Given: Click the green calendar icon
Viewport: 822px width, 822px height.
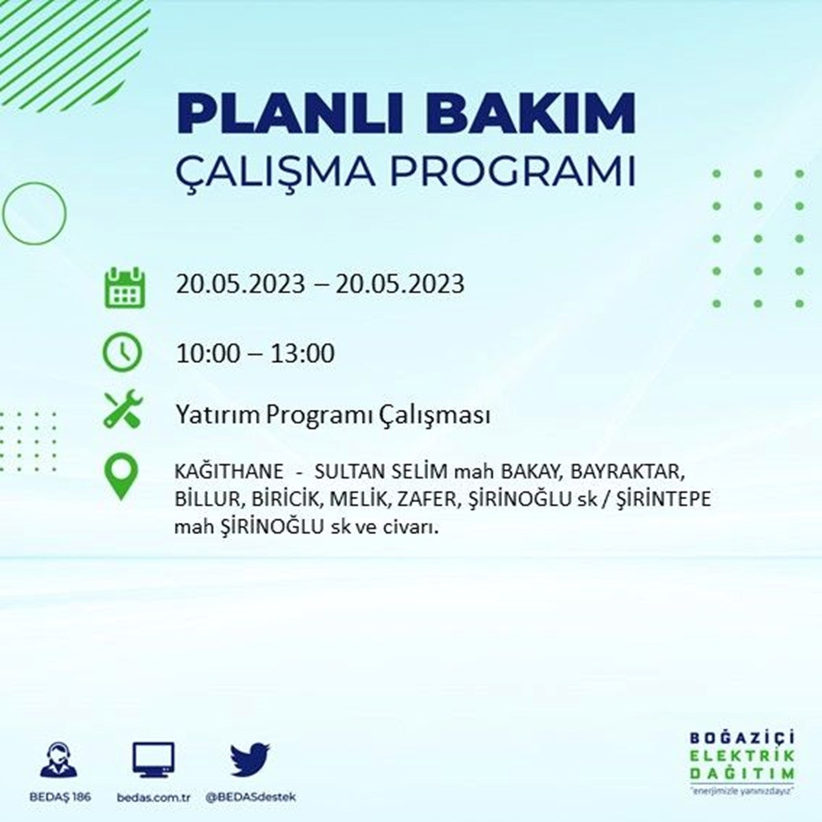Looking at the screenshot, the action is pos(125,287).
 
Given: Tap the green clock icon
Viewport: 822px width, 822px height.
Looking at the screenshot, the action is pos(123,352).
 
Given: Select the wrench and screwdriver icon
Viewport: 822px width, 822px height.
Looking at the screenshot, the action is pos(123,408).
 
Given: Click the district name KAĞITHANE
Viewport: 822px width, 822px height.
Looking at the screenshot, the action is pos(229,471).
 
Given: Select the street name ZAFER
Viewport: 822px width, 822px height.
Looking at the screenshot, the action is pos(429,499).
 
